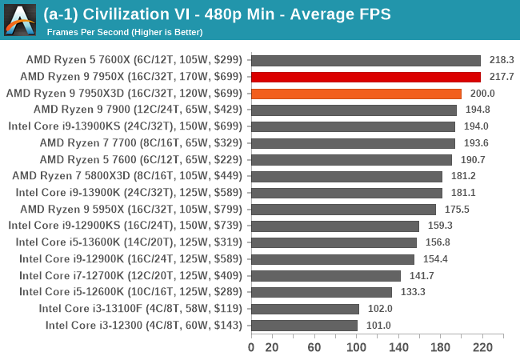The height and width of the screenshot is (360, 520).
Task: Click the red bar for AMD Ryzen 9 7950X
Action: (x=366, y=77)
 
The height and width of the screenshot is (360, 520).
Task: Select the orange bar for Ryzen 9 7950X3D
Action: (x=356, y=94)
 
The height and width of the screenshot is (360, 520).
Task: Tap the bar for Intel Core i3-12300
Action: (x=304, y=325)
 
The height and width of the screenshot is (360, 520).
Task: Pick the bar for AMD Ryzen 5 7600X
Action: (x=366, y=60)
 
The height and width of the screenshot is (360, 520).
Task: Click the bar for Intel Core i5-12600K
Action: (x=321, y=292)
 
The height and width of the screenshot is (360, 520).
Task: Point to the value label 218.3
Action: (x=501, y=60)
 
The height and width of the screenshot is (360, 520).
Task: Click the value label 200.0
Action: (x=482, y=94)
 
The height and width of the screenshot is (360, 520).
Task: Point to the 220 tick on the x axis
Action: (x=482, y=347)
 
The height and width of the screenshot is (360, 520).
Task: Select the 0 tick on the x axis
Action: (x=251, y=347)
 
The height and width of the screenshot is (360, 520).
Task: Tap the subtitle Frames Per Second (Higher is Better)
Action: (x=125, y=32)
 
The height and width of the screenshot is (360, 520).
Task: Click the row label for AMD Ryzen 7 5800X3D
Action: (x=128, y=176)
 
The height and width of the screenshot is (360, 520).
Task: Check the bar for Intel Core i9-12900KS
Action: (x=335, y=226)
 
